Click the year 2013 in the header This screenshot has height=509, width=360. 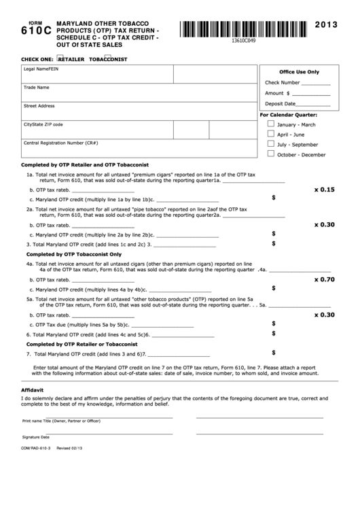tap(332, 25)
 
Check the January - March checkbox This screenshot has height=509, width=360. tap(272, 124)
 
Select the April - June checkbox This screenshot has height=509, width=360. tap(272, 134)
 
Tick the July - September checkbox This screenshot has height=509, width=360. tap(272, 144)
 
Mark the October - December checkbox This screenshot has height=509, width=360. tap(272, 154)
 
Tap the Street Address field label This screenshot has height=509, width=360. tap(39, 106)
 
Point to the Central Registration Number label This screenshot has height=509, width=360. tap(61, 143)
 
